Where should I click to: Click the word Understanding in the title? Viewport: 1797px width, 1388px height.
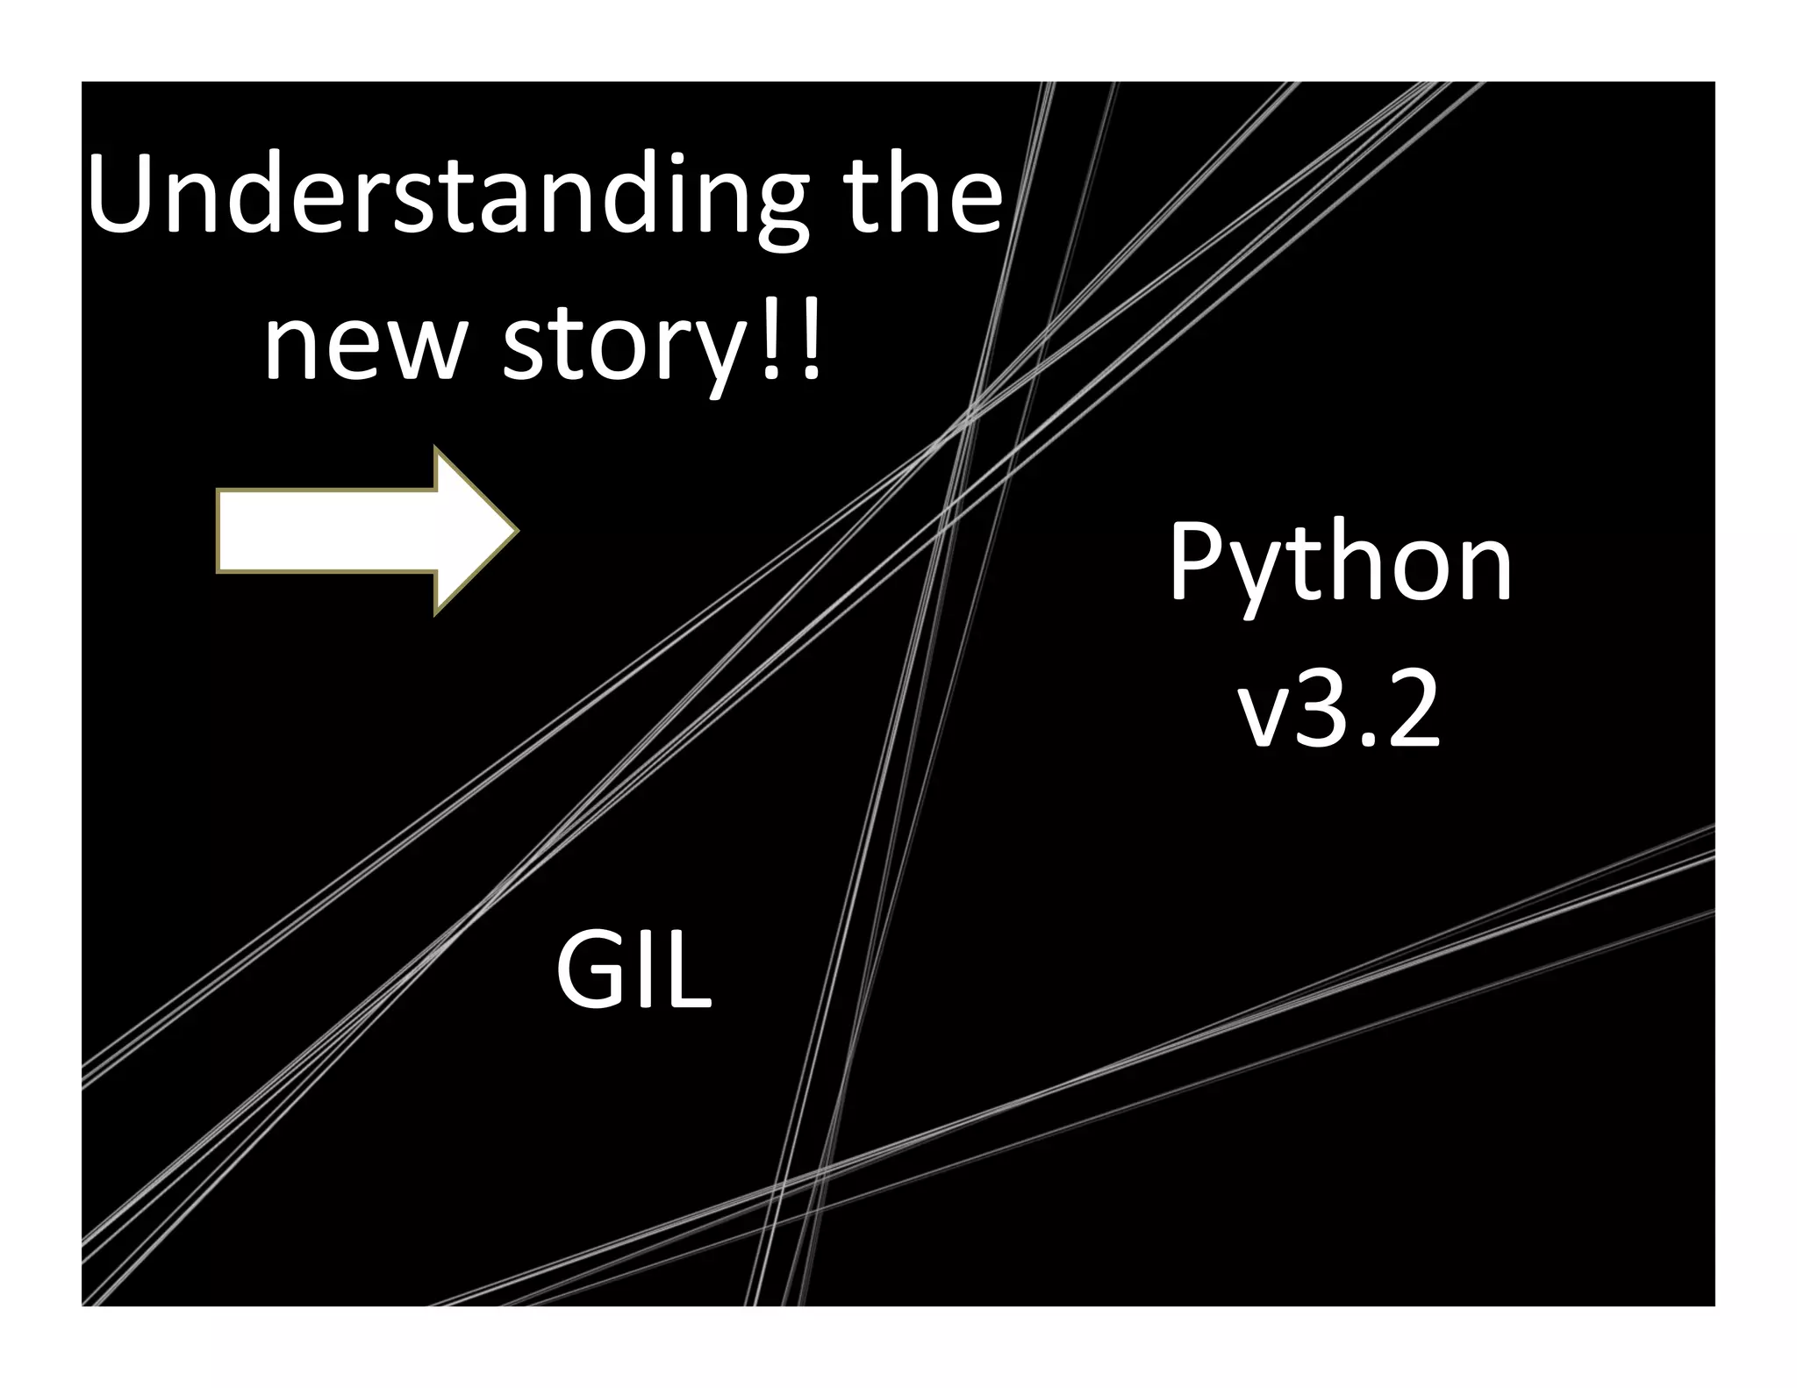[447, 195]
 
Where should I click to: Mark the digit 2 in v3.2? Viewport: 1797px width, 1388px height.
[1411, 706]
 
